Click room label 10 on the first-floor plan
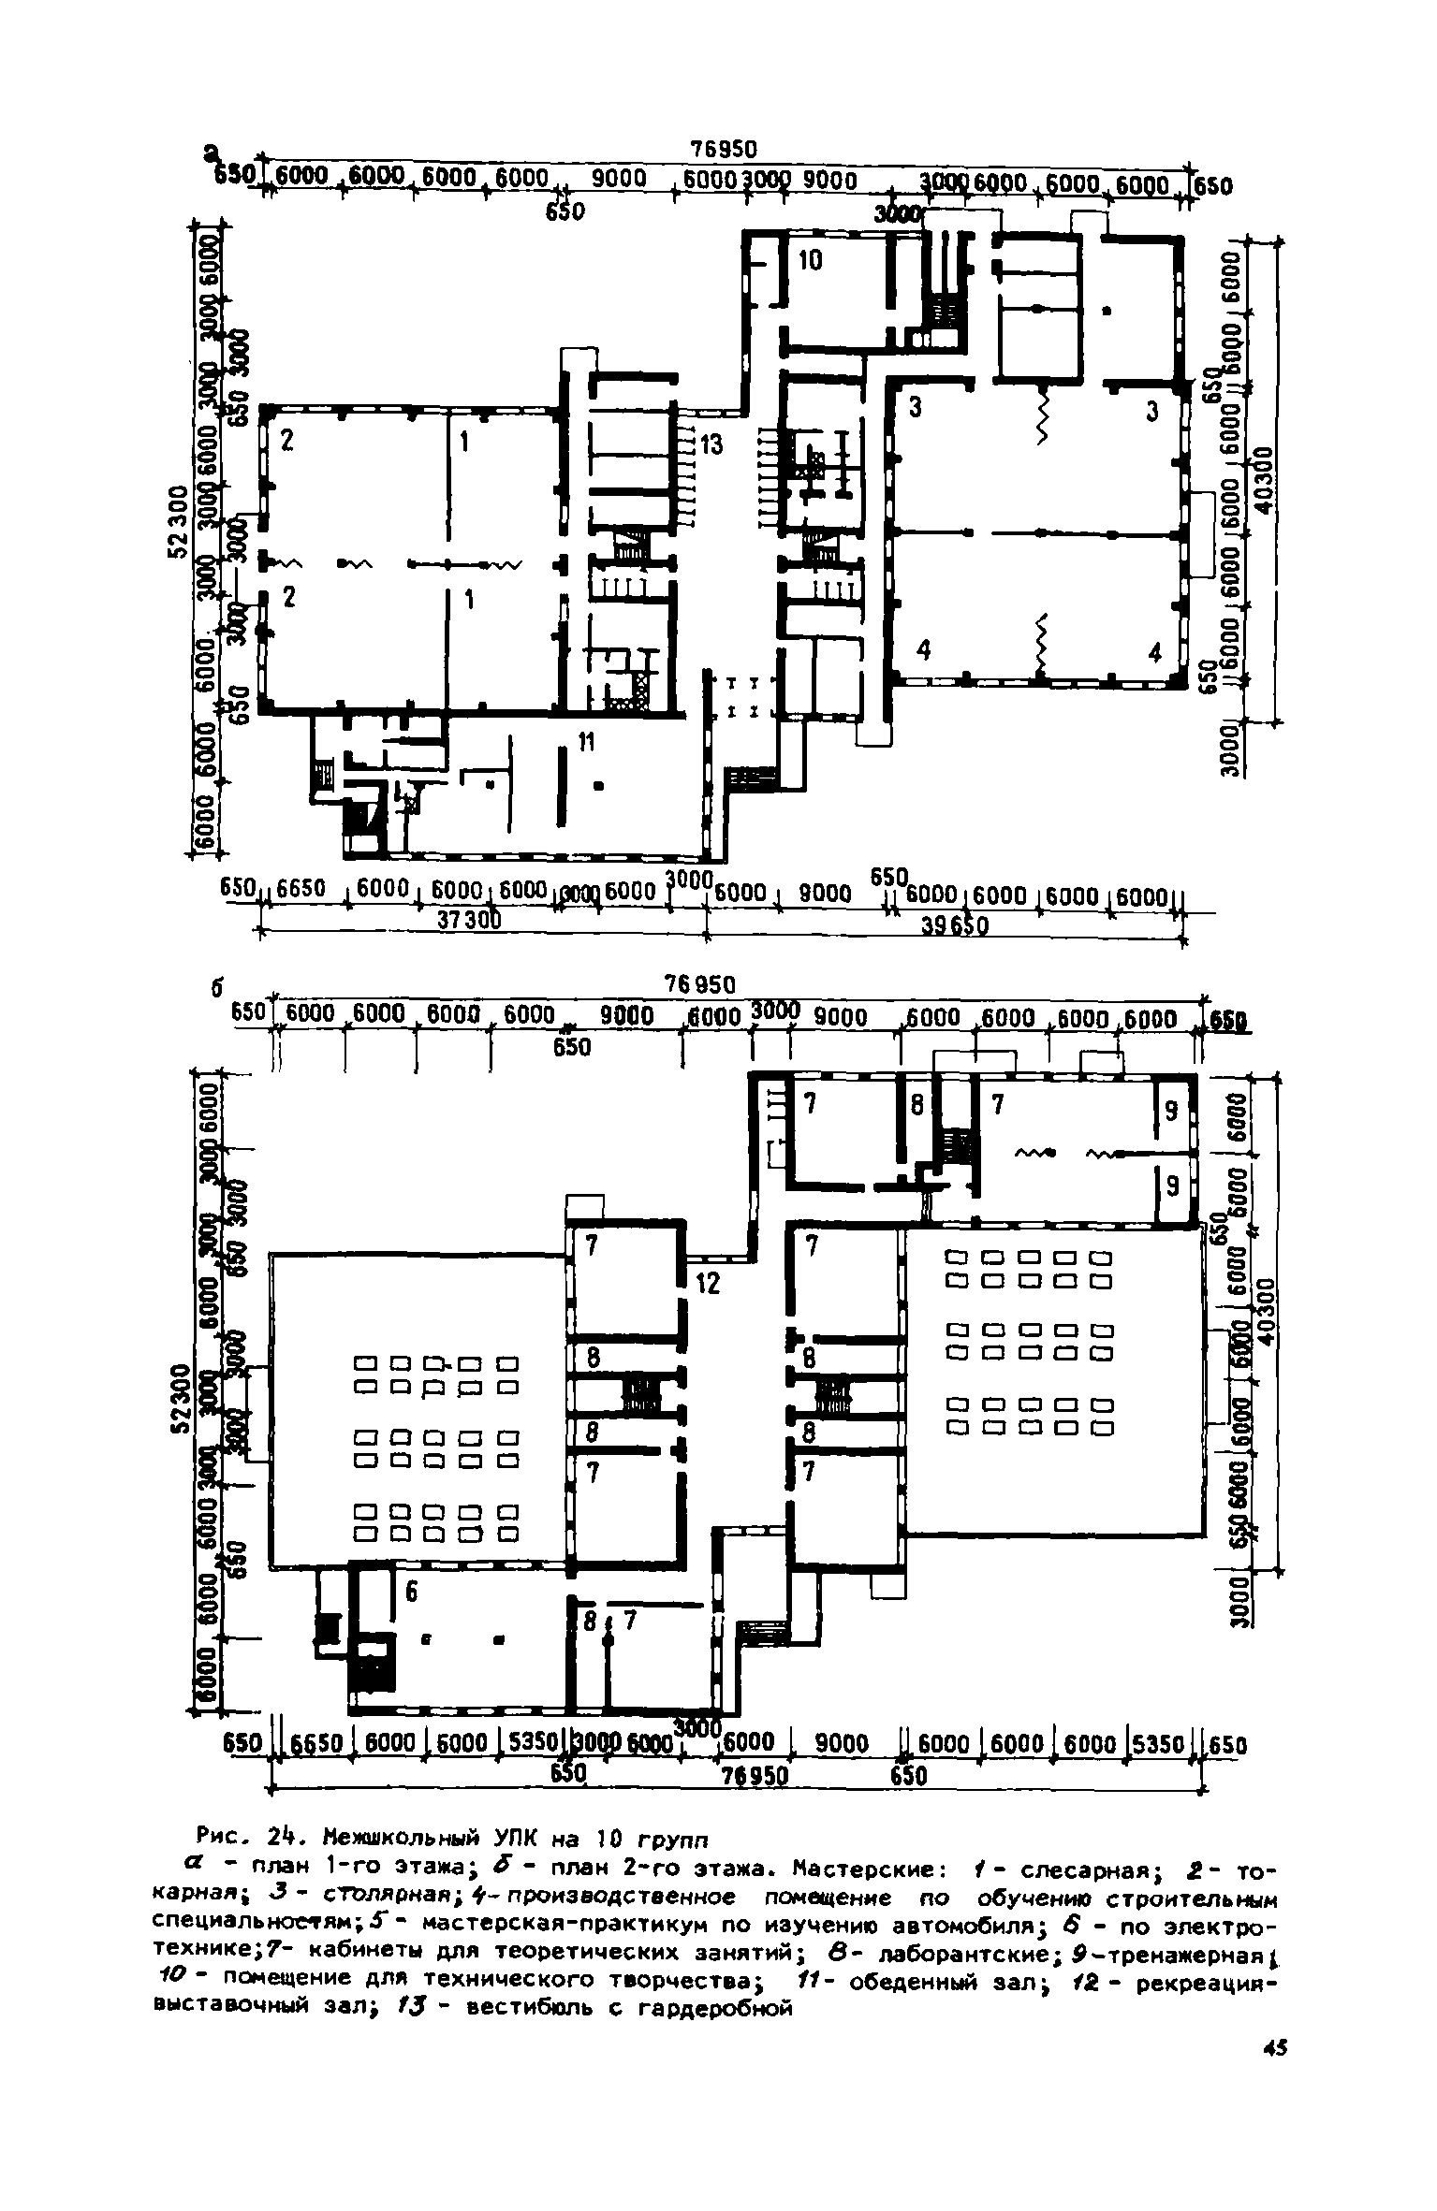click(810, 261)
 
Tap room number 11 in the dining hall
click(586, 743)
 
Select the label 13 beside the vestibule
click(711, 445)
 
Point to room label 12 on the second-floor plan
click(708, 1286)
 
